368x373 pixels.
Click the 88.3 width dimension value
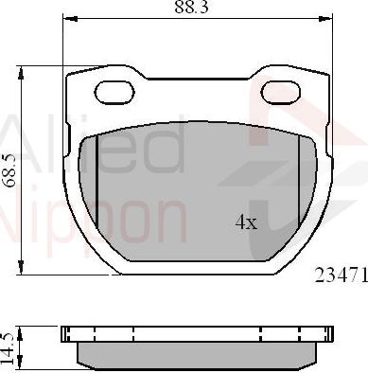pos(191,7)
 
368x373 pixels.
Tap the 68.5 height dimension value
pos(9,170)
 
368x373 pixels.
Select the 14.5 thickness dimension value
pos(9,348)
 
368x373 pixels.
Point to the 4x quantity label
pos(246,222)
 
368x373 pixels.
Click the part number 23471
pos(342,275)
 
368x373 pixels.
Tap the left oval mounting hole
pos(114,92)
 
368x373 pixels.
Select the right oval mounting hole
pos(280,92)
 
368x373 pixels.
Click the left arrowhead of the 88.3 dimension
pos(70,19)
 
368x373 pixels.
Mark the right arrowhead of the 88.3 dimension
pos(325,19)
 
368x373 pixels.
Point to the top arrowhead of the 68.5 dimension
pos(21,73)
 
